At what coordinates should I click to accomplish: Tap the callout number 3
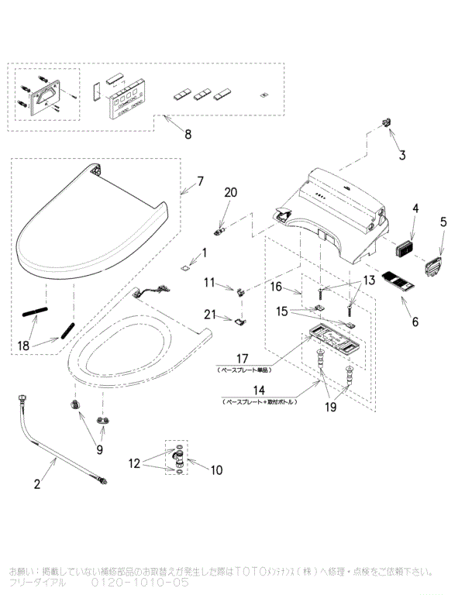click(402, 155)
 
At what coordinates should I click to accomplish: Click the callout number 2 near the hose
click(36, 484)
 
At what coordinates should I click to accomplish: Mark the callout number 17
click(242, 359)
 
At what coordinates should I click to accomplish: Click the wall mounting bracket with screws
click(43, 95)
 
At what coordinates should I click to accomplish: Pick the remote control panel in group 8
click(124, 98)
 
